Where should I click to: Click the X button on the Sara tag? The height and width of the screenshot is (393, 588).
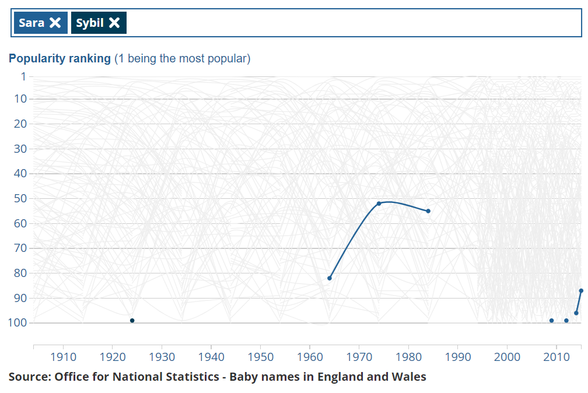[55, 23]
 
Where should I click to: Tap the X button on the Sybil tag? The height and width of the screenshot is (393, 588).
[114, 23]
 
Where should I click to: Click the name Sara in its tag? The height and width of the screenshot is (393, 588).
[32, 23]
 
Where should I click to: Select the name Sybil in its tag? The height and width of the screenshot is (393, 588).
[90, 23]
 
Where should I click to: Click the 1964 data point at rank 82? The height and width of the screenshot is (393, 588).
[330, 278]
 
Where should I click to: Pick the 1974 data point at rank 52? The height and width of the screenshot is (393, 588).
[379, 203]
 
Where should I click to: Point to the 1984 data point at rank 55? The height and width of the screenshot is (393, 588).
[428, 211]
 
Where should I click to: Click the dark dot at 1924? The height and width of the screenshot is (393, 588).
[132, 320]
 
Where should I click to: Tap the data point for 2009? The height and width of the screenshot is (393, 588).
[551, 320]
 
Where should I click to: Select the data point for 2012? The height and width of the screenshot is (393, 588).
[566, 320]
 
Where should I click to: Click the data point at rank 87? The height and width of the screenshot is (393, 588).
[581, 290]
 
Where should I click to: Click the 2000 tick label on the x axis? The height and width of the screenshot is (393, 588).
[507, 357]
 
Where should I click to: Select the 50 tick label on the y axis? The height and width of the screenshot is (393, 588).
[20, 198]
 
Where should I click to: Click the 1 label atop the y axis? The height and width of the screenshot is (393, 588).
[23, 76]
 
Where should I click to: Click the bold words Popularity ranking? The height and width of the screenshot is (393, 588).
[60, 58]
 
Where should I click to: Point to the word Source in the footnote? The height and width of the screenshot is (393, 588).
[29, 377]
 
